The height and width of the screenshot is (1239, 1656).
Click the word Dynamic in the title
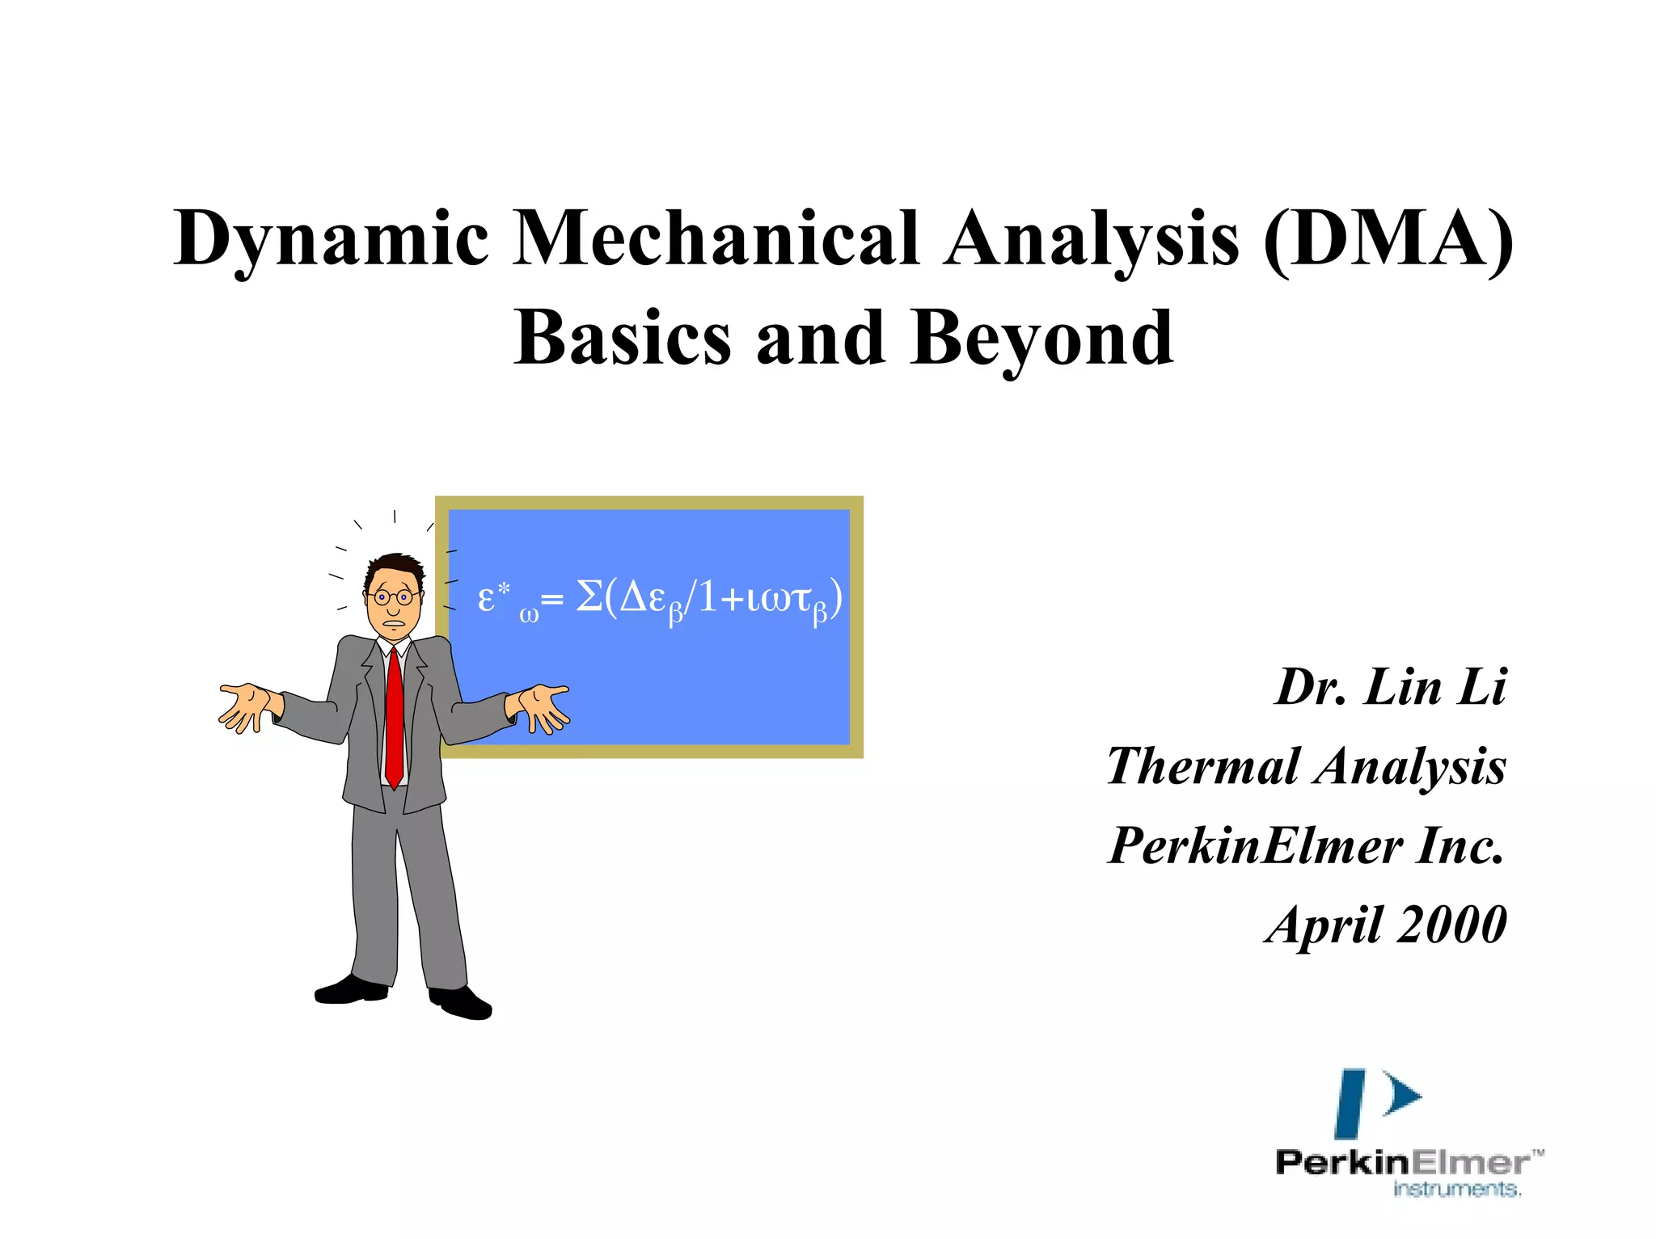pyautogui.click(x=332, y=238)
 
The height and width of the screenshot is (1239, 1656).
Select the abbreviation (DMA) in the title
pyautogui.click(x=1388, y=238)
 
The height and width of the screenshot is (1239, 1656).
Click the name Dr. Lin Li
pyautogui.click(x=1391, y=688)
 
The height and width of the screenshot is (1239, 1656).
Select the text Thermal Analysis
pyautogui.click(x=1306, y=766)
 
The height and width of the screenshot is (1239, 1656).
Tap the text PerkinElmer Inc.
pyautogui.click(x=1306, y=845)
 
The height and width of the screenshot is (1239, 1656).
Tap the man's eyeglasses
pyautogui.click(x=393, y=597)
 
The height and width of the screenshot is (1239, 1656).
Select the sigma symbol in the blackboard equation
pyautogui.click(x=589, y=598)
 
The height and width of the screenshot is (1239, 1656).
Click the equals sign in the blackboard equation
pyautogui.click(x=551, y=601)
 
